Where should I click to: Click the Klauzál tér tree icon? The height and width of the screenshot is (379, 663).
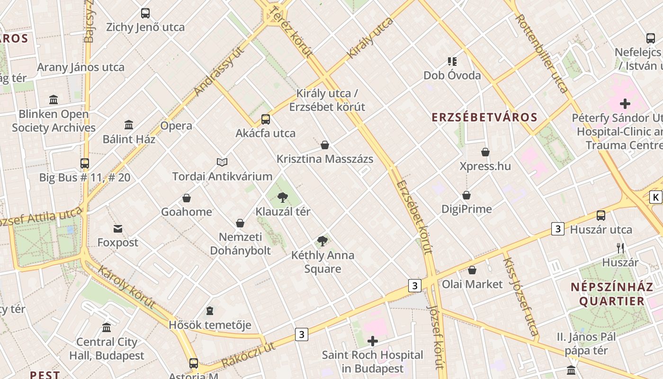pos(283,197)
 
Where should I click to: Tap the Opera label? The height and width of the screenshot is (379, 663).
pos(176,126)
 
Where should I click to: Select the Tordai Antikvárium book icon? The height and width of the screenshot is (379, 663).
pos(222,162)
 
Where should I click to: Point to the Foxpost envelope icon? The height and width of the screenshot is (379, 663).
pos(118,229)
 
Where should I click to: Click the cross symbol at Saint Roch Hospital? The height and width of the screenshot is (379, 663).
pos(373,341)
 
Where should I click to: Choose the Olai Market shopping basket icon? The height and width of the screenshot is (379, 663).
pos(472,270)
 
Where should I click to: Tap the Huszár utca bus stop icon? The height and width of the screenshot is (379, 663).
pos(601,216)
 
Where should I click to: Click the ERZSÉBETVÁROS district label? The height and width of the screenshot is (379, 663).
pos(484,117)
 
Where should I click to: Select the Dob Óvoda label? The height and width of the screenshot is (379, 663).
pos(452,75)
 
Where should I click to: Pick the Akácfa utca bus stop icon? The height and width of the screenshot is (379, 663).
pos(266,119)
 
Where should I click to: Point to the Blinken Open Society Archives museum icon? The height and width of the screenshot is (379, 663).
pos(54,100)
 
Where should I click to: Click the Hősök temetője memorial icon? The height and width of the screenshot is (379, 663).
pos(210,311)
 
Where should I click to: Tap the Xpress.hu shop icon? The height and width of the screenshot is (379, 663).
pos(485,152)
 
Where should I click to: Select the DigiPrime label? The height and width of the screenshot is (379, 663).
pos(466,209)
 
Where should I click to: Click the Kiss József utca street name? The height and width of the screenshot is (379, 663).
pos(520,297)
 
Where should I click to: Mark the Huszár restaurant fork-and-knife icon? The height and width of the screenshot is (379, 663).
pos(620,248)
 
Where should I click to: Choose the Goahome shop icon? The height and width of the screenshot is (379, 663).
pos(187,198)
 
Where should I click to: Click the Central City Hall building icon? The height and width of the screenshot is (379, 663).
pos(107,328)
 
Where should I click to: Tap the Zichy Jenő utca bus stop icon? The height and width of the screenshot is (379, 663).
pos(145,13)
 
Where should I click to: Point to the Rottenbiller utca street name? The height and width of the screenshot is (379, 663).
pos(542,53)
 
